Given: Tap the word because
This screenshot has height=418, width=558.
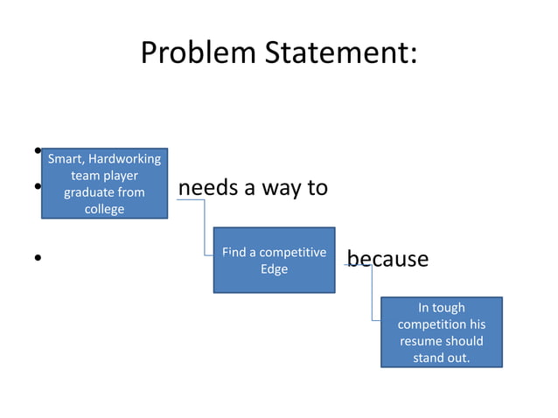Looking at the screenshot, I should pos(387,259).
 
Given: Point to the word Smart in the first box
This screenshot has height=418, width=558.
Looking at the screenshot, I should pos(64,159).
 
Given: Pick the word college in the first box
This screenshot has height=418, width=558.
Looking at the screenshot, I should pos(104,209).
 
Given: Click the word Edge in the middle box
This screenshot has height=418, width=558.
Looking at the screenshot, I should pos(274,269).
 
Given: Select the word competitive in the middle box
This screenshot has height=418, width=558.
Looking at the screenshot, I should pos(292,253).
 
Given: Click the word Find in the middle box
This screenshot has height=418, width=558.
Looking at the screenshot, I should pos(234,253).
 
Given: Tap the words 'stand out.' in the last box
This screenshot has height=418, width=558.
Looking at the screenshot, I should pos(441,358).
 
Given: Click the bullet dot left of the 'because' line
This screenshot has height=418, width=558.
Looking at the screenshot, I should pos(38,259).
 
